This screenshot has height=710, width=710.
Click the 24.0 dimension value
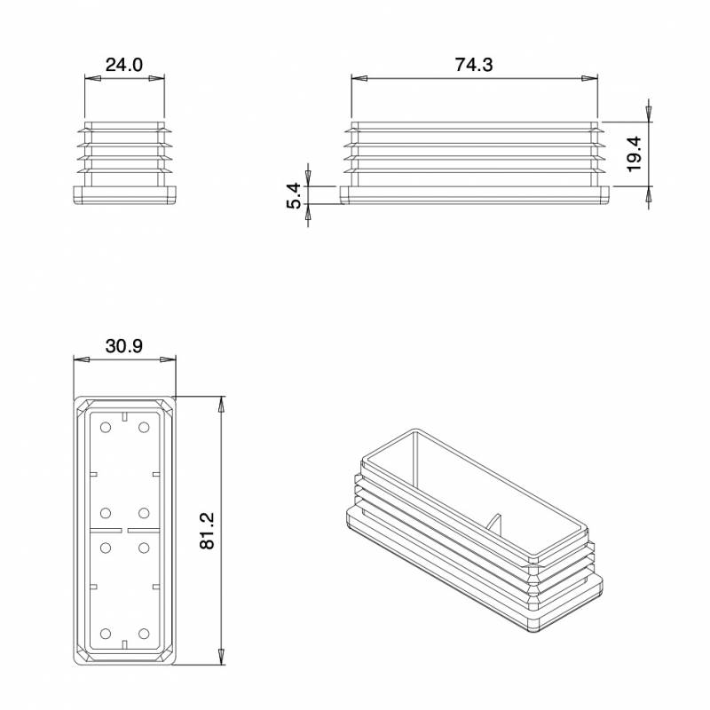click(124, 65)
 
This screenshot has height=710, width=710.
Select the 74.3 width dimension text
click(474, 65)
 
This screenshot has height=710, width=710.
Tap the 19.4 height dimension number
click(634, 154)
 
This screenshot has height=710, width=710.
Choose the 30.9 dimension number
click(124, 346)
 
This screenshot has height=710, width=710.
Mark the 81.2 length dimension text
click(207, 531)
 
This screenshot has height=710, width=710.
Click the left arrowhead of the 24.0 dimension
click(91, 80)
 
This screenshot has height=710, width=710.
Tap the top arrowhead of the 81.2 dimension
click(220, 405)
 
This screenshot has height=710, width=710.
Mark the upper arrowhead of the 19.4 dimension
click(649, 114)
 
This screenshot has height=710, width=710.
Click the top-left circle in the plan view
click(106, 429)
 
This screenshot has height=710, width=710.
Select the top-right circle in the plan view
click(144, 429)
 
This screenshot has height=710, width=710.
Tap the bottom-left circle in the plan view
click(106, 634)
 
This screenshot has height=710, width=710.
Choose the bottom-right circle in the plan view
click(144, 634)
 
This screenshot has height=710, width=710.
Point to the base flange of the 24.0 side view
click(124, 194)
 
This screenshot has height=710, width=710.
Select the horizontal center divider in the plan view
click(124, 530)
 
